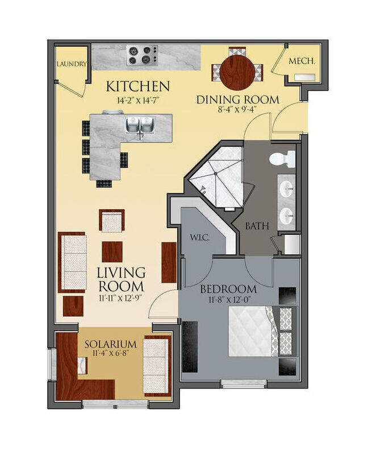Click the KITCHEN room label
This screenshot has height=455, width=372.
click(138, 86)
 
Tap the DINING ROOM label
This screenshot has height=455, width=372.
click(238, 100)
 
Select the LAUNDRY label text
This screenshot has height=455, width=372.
click(71, 64)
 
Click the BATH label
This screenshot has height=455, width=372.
click(257, 226)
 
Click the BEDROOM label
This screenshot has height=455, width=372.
click(229, 288)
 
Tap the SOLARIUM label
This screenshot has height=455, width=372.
click(111, 344)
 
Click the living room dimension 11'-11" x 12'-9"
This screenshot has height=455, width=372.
click(121, 296)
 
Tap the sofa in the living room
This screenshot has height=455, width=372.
click(73, 260)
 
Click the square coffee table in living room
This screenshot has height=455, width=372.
click(112, 251)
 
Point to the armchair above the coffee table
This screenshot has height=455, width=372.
click(112, 221)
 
